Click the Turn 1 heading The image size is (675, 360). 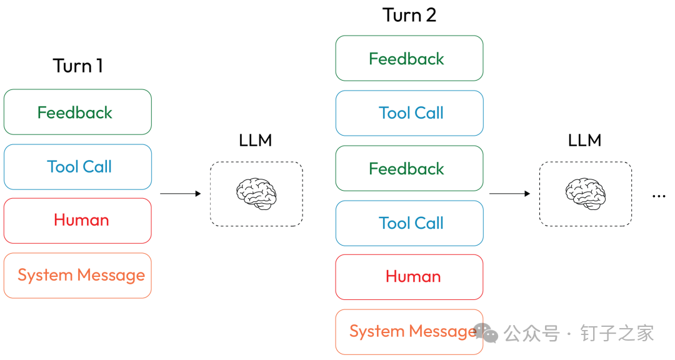point(78,66)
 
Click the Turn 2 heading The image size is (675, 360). point(409,15)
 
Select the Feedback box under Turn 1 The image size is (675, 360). point(78,112)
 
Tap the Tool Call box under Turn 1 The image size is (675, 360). point(78,167)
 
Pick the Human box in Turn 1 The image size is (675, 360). point(78,221)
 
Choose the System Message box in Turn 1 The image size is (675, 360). point(78,276)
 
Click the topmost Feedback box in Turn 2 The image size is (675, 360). point(409,58)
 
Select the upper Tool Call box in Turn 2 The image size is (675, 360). point(409,113)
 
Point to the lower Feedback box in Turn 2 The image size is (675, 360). point(409,168)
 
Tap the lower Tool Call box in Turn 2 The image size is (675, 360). point(409,223)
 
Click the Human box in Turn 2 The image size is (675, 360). point(409,277)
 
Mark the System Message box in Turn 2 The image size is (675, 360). point(409,332)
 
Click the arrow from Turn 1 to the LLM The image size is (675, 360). point(181,194)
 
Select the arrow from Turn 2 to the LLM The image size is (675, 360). point(510,194)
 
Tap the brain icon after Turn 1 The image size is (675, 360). point(256,194)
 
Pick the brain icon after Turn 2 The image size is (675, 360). point(586,194)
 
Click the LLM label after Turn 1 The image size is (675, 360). point(256,141)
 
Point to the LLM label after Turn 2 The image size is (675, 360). point(584,141)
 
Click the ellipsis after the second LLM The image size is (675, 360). point(659,196)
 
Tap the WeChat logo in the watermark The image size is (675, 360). point(486,332)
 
